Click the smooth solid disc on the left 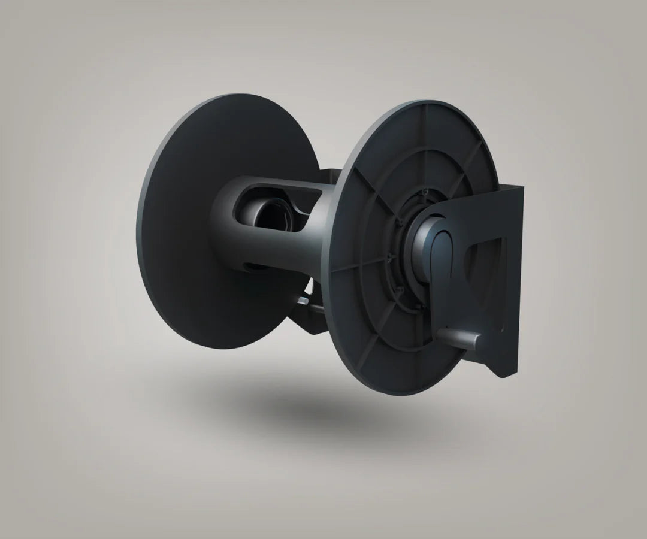(180, 240)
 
